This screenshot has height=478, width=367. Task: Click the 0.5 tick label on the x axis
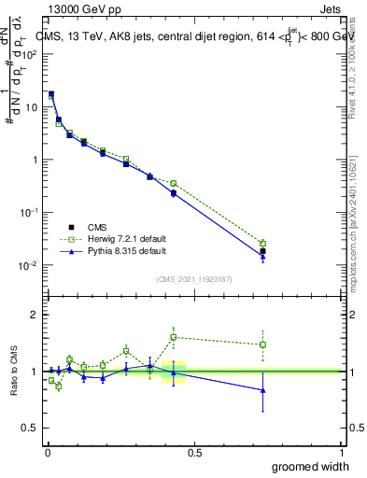193,452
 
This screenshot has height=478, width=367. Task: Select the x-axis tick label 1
341,452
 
